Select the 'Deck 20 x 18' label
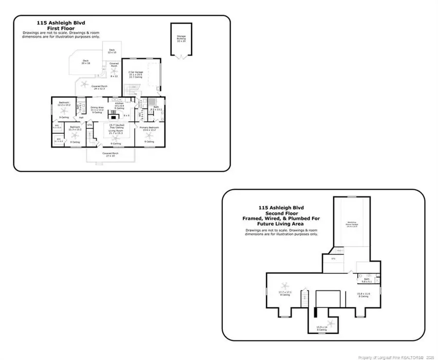point(86,62)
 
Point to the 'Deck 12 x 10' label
point(111,51)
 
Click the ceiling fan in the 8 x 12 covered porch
point(114,71)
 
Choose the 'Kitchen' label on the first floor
point(119,105)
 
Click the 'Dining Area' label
point(97,108)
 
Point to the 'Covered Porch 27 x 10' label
point(109,154)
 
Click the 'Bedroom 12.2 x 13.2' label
point(64,104)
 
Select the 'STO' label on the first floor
point(90,125)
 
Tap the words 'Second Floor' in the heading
point(278,213)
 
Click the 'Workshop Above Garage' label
point(348,224)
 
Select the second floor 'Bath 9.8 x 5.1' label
point(365,280)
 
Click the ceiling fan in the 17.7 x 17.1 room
point(285,286)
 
